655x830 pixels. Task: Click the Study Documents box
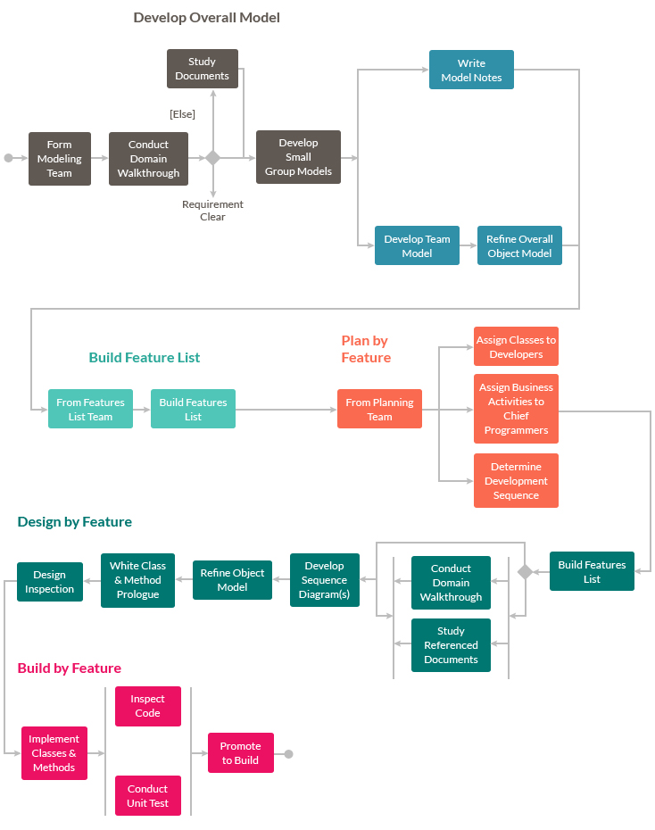click(x=203, y=69)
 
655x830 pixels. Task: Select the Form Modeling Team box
click(x=60, y=159)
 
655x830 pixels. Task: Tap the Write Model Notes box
click(x=471, y=71)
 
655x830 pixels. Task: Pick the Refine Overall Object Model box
click(x=519, y=245)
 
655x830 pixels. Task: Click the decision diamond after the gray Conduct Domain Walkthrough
click(x=212, y=158)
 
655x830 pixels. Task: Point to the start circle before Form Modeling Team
click(x=9, y=158)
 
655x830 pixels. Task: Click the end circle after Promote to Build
click(x=288, y=754)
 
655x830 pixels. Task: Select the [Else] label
click(x=182, y=114)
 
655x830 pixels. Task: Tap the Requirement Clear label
click(x=212, y=211)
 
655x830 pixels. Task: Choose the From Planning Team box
click(x=379, y=409)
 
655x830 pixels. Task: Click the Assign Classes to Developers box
click(x=516, y=346)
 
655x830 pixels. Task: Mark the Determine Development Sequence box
click(x=516, y=481)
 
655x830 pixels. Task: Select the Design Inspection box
click(x=50, y=582)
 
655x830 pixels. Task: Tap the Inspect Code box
click(x=148, y=706)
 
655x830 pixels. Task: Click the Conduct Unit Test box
click(x=148, y=795)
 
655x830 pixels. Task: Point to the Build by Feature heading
click(x=70, y=668)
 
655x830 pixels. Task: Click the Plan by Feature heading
click(x=366, y=349)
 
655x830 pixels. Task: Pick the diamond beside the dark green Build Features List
click(x=525, y=572)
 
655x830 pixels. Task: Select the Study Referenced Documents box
click(x=451, y=645)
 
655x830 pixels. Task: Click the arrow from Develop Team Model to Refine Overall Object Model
click(x=468, y=245)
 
